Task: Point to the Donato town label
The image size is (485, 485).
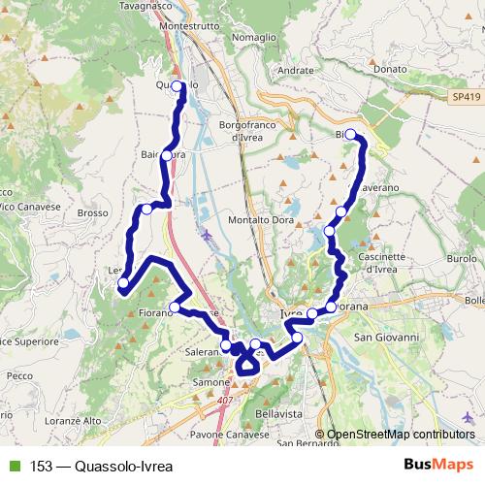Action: pos(389,70)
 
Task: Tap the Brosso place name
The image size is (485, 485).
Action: pos(91,212)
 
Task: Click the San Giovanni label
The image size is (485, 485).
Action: pos(383,337)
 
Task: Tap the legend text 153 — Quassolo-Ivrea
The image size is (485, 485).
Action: pos(95,465)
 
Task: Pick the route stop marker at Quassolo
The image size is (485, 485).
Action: pos(178,86)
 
